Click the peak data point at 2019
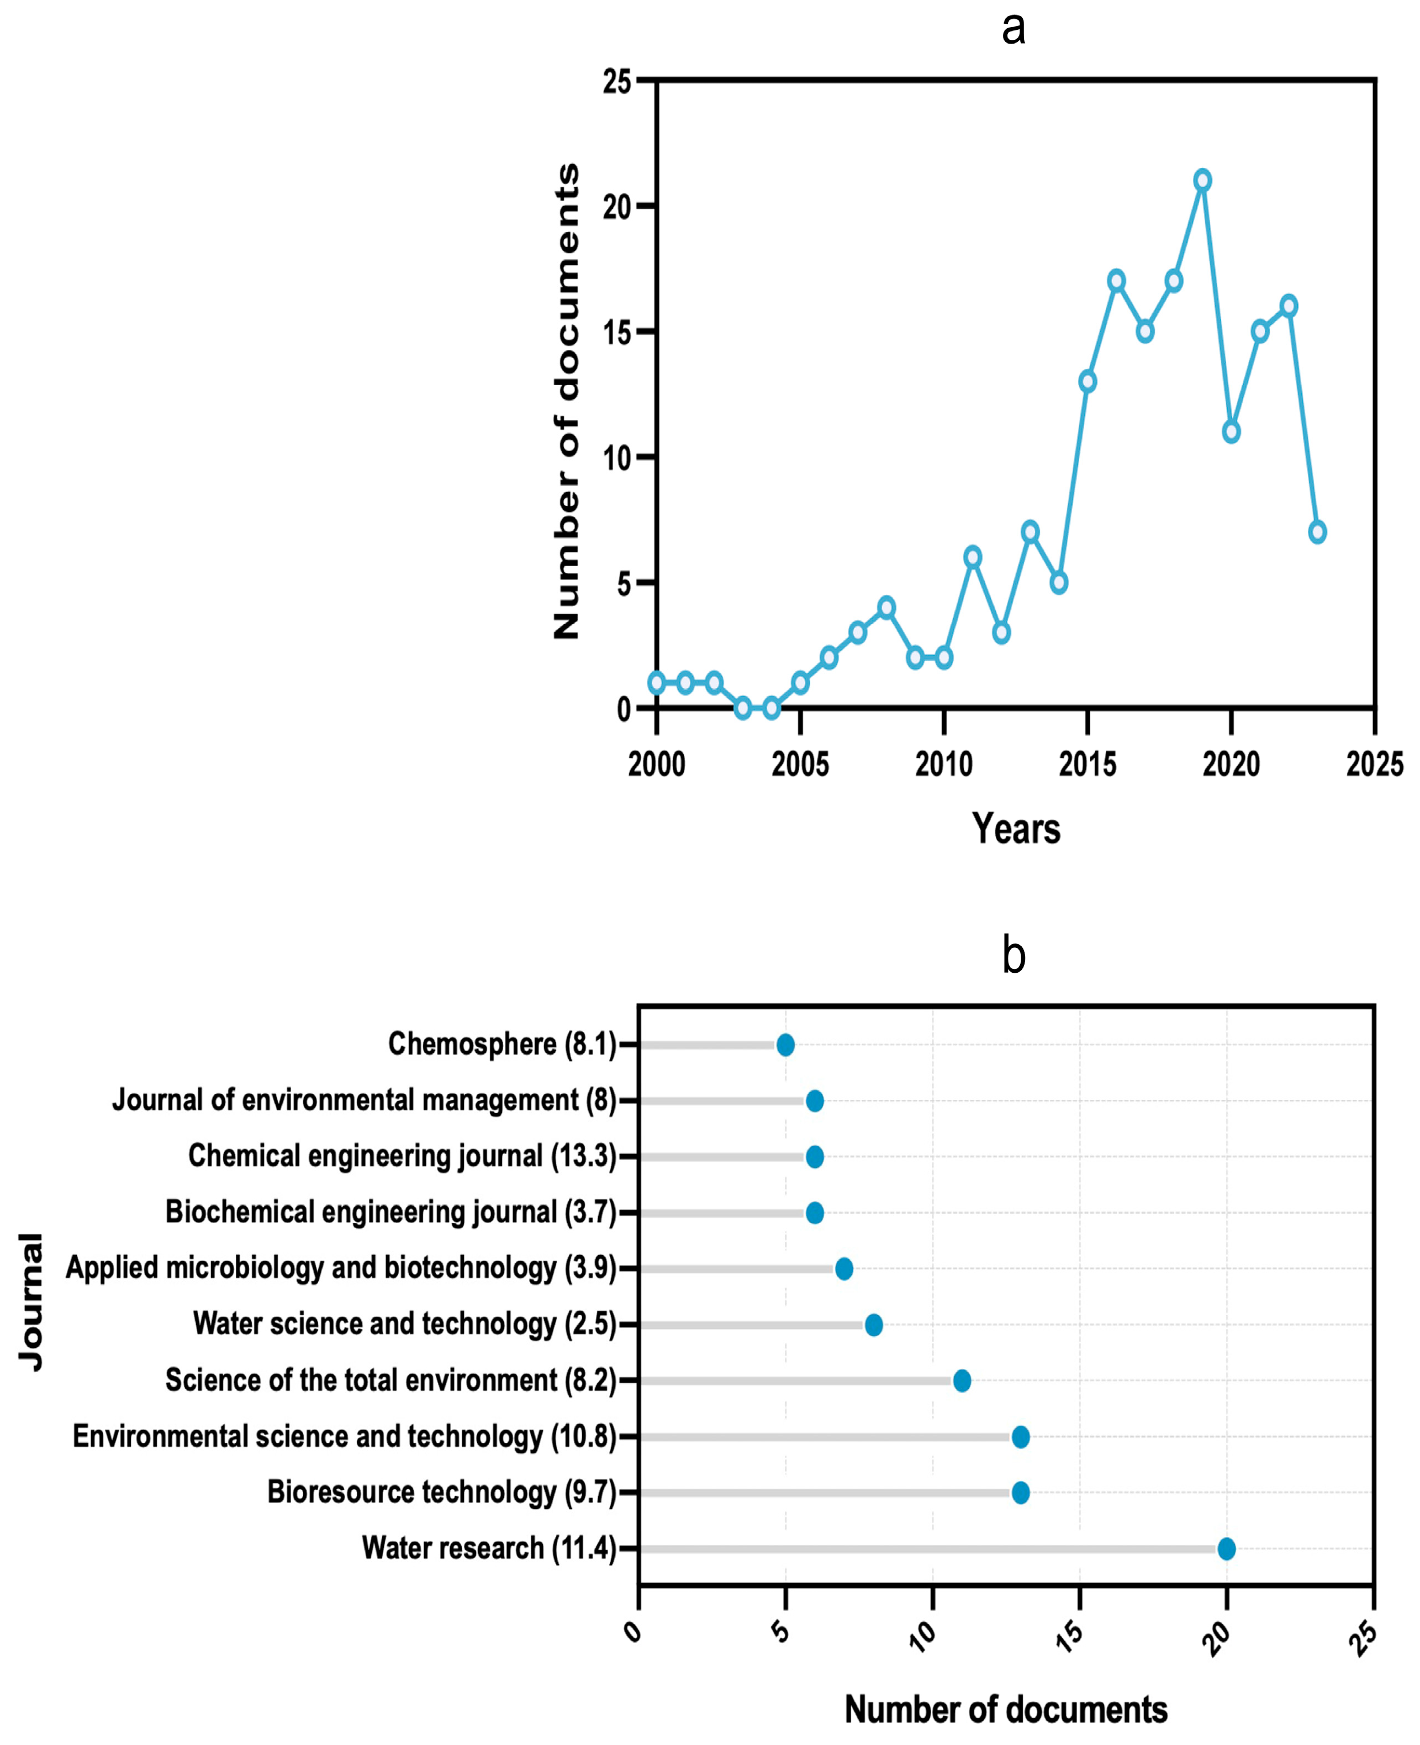1202,180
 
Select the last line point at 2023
1317,532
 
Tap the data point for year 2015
1087,381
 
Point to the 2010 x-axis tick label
944,764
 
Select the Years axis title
1016,829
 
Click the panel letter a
1013,29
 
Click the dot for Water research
1226,1549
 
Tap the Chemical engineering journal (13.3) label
402,1156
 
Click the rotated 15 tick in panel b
1070,1632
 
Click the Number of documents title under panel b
1005,1710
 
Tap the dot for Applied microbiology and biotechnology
844,1269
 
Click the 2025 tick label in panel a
1374,764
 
